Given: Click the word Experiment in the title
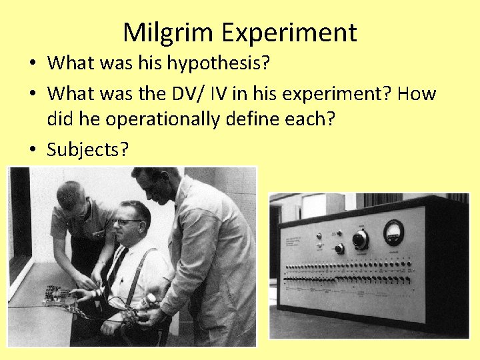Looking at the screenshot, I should point(291,32).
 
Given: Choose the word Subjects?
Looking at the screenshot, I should point(87,150).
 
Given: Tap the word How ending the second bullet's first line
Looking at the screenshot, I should point(418,93).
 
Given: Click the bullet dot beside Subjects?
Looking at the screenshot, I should point(32,151).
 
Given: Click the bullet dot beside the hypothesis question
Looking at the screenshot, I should point(32,64).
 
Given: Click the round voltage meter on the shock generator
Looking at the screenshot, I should point(393,232).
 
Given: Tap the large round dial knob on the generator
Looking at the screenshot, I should point(361,239).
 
